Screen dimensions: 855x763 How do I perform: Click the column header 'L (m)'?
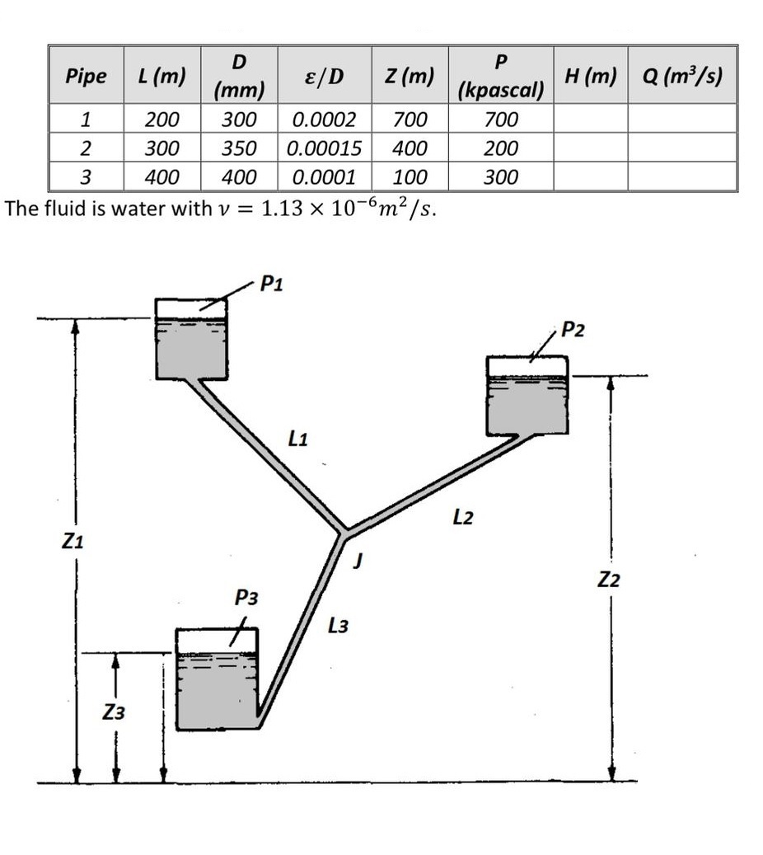(x=161, y=76)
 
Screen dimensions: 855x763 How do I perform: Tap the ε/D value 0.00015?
(x=324, y=149)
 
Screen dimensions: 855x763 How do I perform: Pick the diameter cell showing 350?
(x=240, y=149)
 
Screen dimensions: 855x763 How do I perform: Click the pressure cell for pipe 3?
(x=501, y=177)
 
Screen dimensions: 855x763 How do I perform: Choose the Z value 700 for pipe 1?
(x=410, y=120)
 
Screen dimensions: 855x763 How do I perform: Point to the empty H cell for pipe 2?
(x=590, y=149)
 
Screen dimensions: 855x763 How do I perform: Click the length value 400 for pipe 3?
(x=161, y=177)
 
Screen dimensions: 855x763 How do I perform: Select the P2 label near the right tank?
(x=573, y=331)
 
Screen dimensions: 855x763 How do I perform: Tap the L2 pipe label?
(x=463, y=518)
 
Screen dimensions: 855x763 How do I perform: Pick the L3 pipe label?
(x=338, y=627)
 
